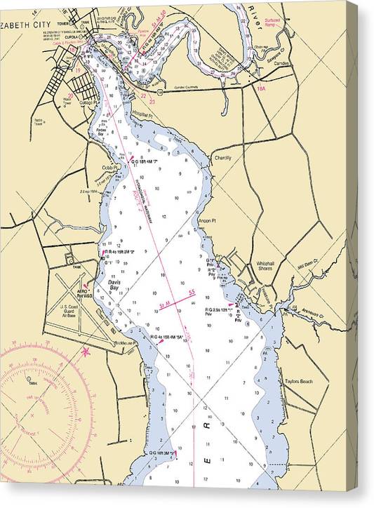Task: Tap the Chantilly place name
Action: (222, 158)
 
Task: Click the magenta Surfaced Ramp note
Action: (272, 22)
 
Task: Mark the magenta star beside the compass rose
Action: (86, 350)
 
